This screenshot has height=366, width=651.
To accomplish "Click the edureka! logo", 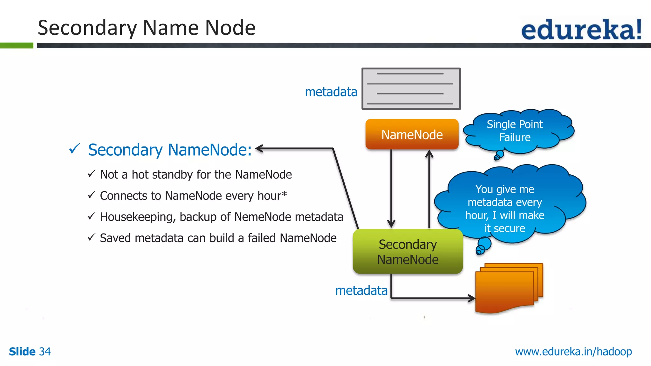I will click(581, 30).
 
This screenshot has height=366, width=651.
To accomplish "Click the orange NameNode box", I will click(412, 134).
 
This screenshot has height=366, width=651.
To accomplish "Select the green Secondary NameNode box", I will click(408, 252).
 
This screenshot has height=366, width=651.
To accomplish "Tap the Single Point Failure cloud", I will click(515, 131).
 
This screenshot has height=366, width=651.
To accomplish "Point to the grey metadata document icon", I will click(411, 89).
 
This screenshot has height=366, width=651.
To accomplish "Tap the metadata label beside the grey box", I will click(331, 92).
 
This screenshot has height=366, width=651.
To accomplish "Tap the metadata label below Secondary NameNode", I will click(361, 290).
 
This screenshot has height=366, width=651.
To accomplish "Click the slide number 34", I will click(45, 352).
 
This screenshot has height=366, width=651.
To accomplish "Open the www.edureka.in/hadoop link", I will click(573, 352).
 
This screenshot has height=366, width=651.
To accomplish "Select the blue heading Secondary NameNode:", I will click(170, 150).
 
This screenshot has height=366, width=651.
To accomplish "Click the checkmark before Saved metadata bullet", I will click(92, 237).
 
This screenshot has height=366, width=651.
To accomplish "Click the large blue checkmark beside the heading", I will click(74, 148).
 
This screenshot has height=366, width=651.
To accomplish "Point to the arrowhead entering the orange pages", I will click(471, 298).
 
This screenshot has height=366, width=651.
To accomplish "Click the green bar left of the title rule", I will click(17, 45).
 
